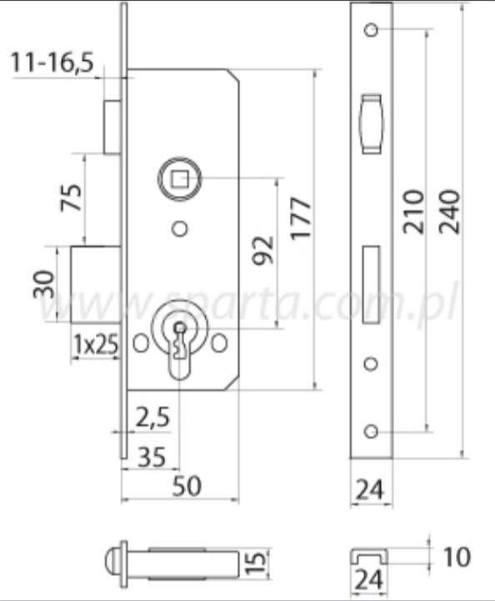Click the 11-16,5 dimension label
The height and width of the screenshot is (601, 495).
52,62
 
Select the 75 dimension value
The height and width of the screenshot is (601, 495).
72,198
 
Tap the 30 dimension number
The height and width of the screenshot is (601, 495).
44,284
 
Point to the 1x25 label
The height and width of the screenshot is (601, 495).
96,344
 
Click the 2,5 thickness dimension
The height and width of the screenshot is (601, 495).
152,417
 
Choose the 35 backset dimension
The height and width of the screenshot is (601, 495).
152,457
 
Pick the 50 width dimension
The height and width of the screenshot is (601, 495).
187,486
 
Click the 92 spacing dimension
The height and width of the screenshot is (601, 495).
263,251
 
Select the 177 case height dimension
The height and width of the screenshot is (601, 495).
301,219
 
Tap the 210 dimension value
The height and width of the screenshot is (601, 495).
414,212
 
